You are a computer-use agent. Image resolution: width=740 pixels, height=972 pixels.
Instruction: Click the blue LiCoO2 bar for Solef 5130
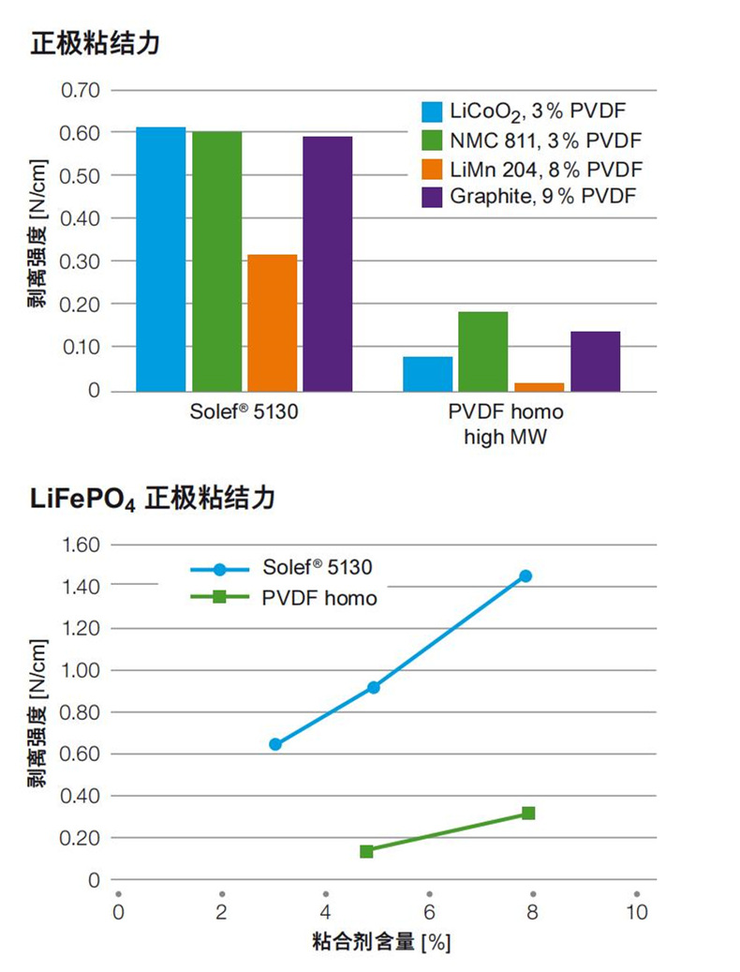point(161,259)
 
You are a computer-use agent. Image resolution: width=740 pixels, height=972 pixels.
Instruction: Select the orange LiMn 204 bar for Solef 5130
point(273,322)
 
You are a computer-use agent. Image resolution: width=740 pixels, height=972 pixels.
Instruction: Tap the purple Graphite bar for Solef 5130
point(328,263)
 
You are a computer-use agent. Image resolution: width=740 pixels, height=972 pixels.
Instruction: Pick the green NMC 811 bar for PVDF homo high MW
point(483,351)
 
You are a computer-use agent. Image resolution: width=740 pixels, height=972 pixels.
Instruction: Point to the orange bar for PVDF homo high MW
point(540,385)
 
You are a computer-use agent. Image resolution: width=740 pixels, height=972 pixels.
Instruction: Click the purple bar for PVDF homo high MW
point(595,361)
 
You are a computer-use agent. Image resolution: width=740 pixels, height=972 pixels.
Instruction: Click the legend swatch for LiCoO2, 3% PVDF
point(432,112)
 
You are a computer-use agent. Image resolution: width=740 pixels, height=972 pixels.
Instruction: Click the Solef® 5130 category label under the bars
point(244,412)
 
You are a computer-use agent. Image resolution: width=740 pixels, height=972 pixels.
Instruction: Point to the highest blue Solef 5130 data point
point(525,576)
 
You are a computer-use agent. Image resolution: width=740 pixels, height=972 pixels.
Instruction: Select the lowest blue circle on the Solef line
point(274,744)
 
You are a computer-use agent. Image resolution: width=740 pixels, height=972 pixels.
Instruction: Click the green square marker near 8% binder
point(528,813)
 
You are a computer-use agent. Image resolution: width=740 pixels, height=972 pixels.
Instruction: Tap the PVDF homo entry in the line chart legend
point(318,597)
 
